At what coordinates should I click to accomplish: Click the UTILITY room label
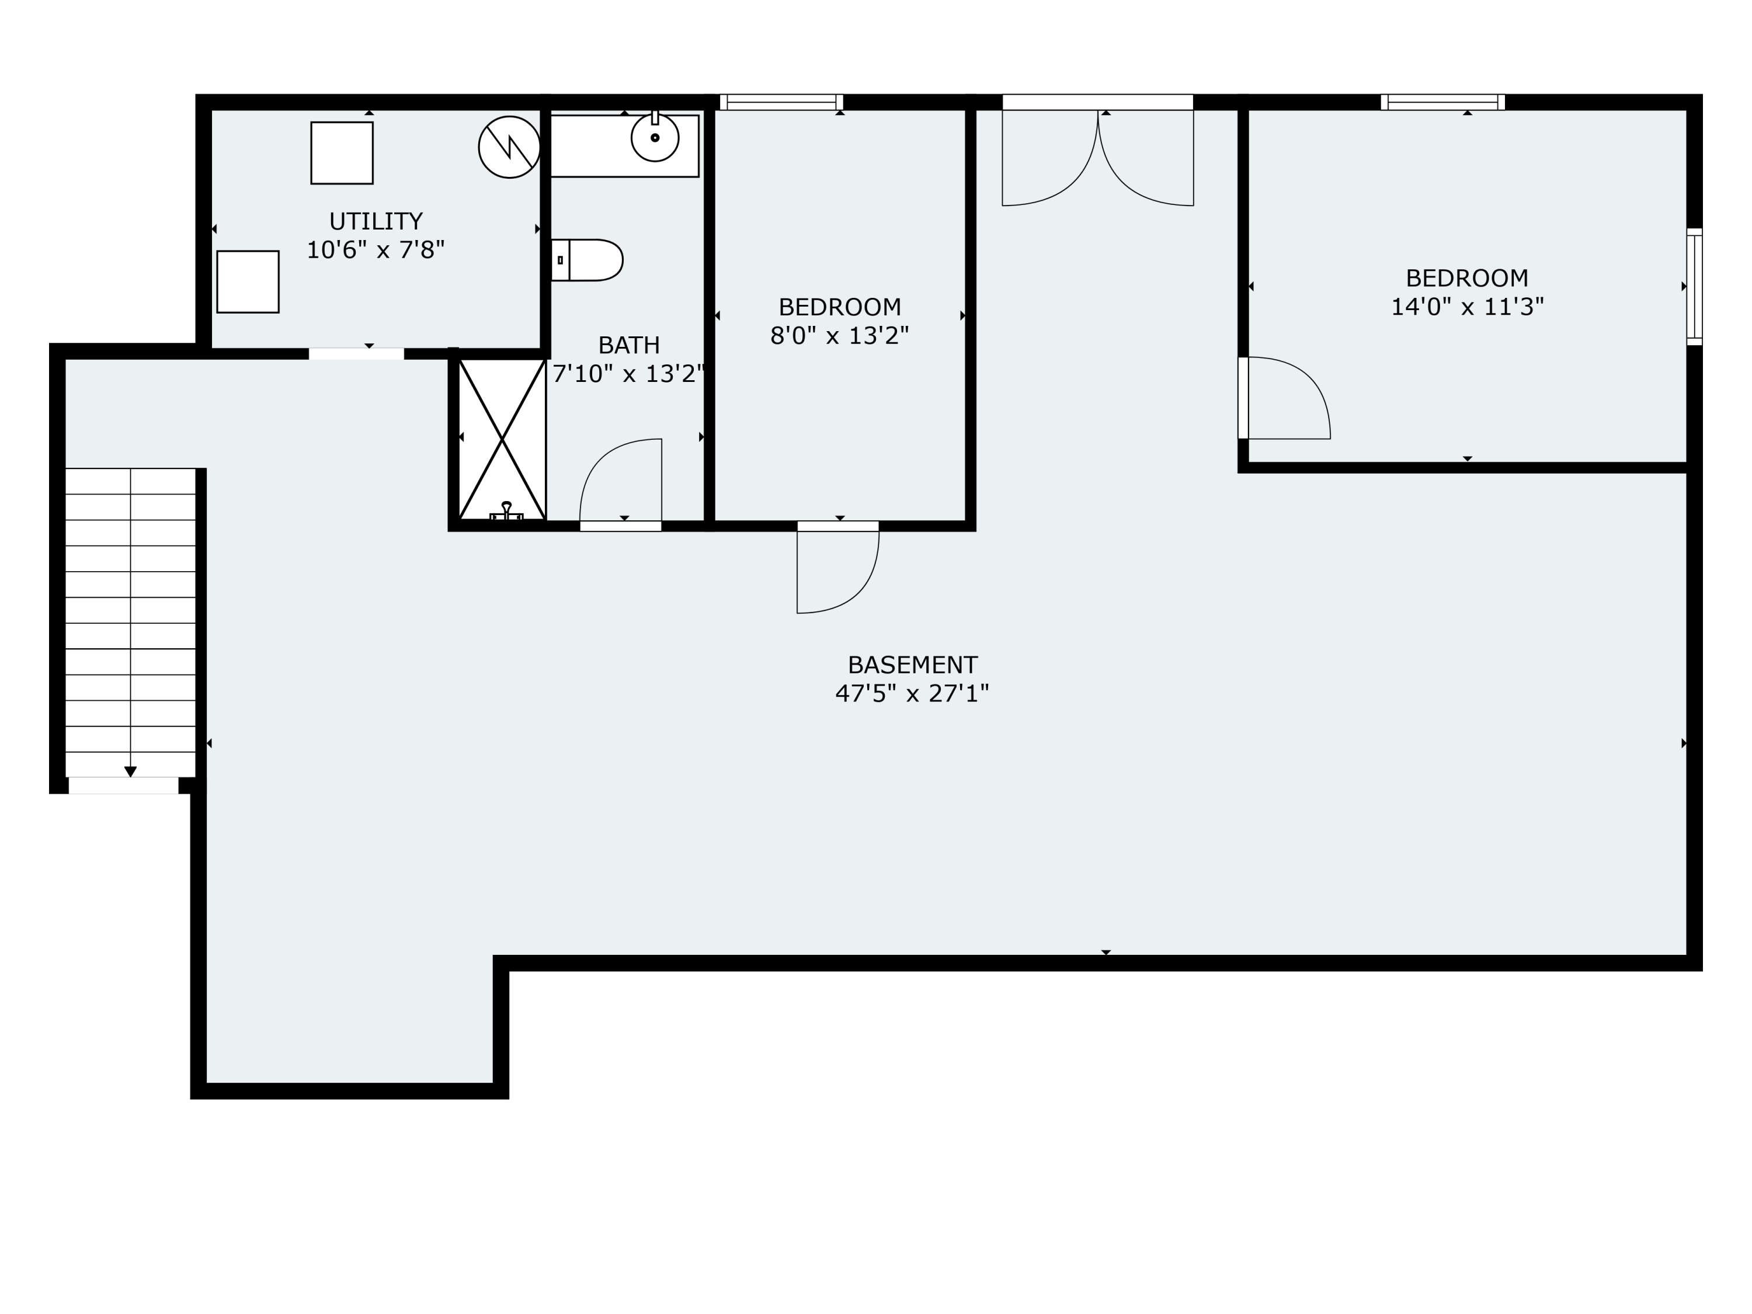tap(376, 221)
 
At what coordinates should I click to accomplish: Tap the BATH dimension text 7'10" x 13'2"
tap(628, 374)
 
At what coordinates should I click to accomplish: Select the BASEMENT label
tap(912, 665)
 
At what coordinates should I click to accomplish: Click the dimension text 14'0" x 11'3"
tap(1467, 307)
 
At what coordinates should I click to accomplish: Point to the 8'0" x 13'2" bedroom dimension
tap(840, 336)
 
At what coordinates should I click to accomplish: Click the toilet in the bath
tap(587, 260)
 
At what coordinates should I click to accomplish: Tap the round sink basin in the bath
tap(655, 138)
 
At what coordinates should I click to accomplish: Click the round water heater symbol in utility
tap(509, 147)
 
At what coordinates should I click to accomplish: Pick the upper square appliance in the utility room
tap(342, 153)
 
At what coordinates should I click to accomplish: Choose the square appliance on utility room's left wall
tap(248, 282)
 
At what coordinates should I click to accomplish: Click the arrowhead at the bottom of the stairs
tap(131, 771)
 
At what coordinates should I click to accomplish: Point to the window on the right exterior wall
tap(1694, 287)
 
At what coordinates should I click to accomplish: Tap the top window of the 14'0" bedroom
tap(1442, 102)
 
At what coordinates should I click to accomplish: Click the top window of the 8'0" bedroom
tap(781, 102)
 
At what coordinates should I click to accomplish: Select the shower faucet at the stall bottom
tap(507, 512)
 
